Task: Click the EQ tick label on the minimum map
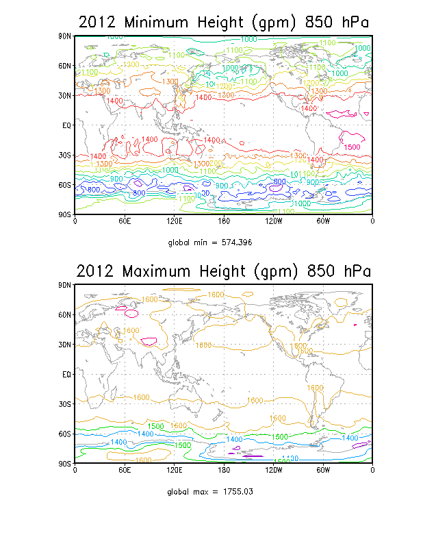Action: (x=66, y=125)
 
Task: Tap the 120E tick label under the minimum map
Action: (x=174, y=221)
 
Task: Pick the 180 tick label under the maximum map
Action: (x=224, y=471)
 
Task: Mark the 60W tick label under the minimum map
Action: (x=323, y=221)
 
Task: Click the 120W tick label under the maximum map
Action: (x=273, y=471)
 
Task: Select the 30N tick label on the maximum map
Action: (x=64, y=345)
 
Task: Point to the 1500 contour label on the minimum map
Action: (x=352, y=147)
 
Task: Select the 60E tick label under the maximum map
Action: (x=125, y=471)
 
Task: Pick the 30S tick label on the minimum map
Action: (x=64, y=155)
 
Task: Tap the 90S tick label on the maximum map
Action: (x=64, y=464)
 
